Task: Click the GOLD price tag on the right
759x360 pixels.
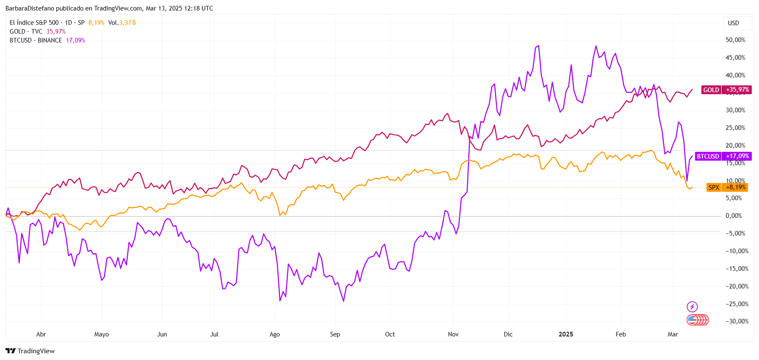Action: pyautogui.click(x=711, y=90)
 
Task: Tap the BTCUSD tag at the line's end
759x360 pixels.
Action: pyautogui.click(x=708, y=156)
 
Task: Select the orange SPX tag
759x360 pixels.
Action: pyautogui.click(x=714, y=187)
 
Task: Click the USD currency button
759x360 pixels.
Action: pyautogui.click(x=733, y=23)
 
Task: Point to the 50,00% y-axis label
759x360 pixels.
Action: pyautogui.click(x=735, y=40)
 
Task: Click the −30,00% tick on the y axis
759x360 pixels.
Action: pyautogui.click(x=737, y=321)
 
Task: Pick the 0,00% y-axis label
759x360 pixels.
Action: pyautogui.click(x=734, y=216)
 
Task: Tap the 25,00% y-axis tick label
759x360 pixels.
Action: pyautogui.click(x=735, y=128)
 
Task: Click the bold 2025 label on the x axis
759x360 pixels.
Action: pyautogui.click(x=566, y=334)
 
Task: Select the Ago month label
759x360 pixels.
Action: pyautogui.click(x=274, y=334)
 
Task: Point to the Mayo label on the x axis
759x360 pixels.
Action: pyautogui.click(x=101, y=334)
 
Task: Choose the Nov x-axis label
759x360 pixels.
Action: pyautogui.click(x=453, y=334)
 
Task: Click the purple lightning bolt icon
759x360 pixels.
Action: pyautogui.click(x=692, y=307)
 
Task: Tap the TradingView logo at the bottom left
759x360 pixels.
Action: pyautogui.click(x=30, y=351)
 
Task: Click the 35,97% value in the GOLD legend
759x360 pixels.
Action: pyautogui.click(x=56, y=32)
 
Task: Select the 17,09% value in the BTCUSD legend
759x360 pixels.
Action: pyautogui.click(x=75, y=40)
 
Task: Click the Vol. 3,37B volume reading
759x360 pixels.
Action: pyautogui.click(x=122, y=23)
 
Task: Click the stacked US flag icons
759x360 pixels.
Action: pyautogui.click(x=698, y=320)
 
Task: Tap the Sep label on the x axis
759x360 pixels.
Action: pyautogui.click(x=335, y=334)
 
